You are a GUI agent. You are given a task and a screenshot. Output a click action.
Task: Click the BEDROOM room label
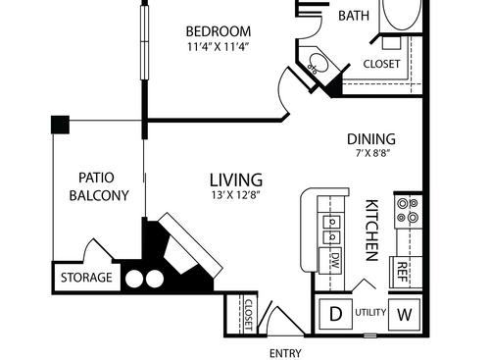(x=218, y=31)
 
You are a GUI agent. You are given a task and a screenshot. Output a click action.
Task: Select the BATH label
(x=353, y=17)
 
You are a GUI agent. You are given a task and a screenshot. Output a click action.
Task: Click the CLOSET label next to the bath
(x=382, y=65)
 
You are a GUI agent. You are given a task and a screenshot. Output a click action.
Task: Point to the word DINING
(x=370, y=139)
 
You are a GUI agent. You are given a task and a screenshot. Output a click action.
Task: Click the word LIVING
(x=236, y=180)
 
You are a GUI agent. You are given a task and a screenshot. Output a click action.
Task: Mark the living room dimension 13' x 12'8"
(x=236, y=196)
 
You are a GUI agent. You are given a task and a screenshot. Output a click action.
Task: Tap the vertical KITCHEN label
(x=372, y=230)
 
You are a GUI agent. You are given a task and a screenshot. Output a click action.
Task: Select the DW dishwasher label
(x=334, y=261)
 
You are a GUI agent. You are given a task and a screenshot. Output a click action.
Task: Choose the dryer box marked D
(x=336, y=315)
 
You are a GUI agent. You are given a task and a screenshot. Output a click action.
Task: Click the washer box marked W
(x=405, y=315)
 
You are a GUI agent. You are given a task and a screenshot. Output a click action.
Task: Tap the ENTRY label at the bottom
(x=284, y=353)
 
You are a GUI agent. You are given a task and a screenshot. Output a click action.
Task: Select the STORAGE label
(x=87, y=279)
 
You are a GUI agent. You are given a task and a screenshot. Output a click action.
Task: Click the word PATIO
(x=97, y=178)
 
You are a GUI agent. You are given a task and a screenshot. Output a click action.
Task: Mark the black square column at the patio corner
(x=60, y=125)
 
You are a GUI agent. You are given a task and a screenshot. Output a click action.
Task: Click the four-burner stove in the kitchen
(x=406, y=211)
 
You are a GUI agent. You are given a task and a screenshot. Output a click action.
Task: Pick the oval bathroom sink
(x=317, y=67)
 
